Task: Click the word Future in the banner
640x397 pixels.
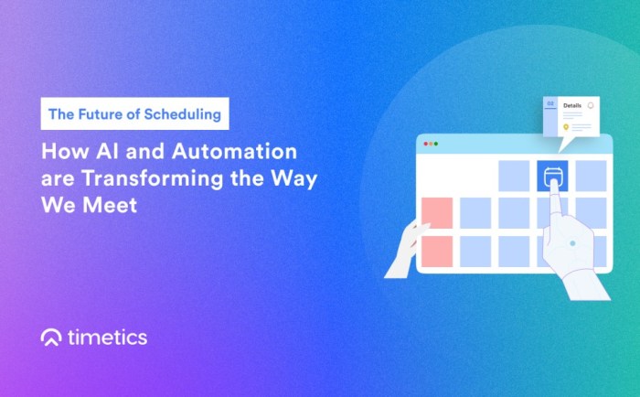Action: tap(101, 114)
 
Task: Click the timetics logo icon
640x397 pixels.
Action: tap(51, 338)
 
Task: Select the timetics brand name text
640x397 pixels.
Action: tap(108, 338)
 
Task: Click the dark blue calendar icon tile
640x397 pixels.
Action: tap(552, 176)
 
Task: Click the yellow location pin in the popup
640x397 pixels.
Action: tap(566, 127)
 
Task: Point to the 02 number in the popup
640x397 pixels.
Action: tap(550, 104)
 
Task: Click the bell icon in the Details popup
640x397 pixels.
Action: tap(591, 105)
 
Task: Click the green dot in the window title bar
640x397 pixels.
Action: tap(435, 144)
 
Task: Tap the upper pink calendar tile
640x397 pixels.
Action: tap(437, 213)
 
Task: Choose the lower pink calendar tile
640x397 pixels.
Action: tap(437, 252)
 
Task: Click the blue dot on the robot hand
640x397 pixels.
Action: tap(572, 244)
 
